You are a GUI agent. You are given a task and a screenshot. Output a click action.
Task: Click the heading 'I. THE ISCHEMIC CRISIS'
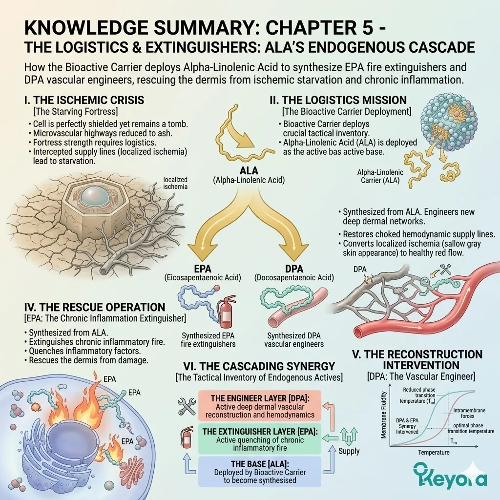[x=84, y=100]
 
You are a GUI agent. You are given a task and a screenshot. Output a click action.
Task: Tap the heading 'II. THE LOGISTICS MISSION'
[x=338, y=100]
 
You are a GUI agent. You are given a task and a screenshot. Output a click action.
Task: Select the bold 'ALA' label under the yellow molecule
[x=251, y=171]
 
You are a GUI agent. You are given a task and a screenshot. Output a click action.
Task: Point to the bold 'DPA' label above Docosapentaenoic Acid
[x=294, y=269]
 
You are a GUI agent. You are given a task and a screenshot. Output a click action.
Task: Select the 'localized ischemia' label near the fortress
[x=175, y=183]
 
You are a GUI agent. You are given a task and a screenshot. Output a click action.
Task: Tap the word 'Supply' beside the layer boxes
[x=349, y=451]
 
